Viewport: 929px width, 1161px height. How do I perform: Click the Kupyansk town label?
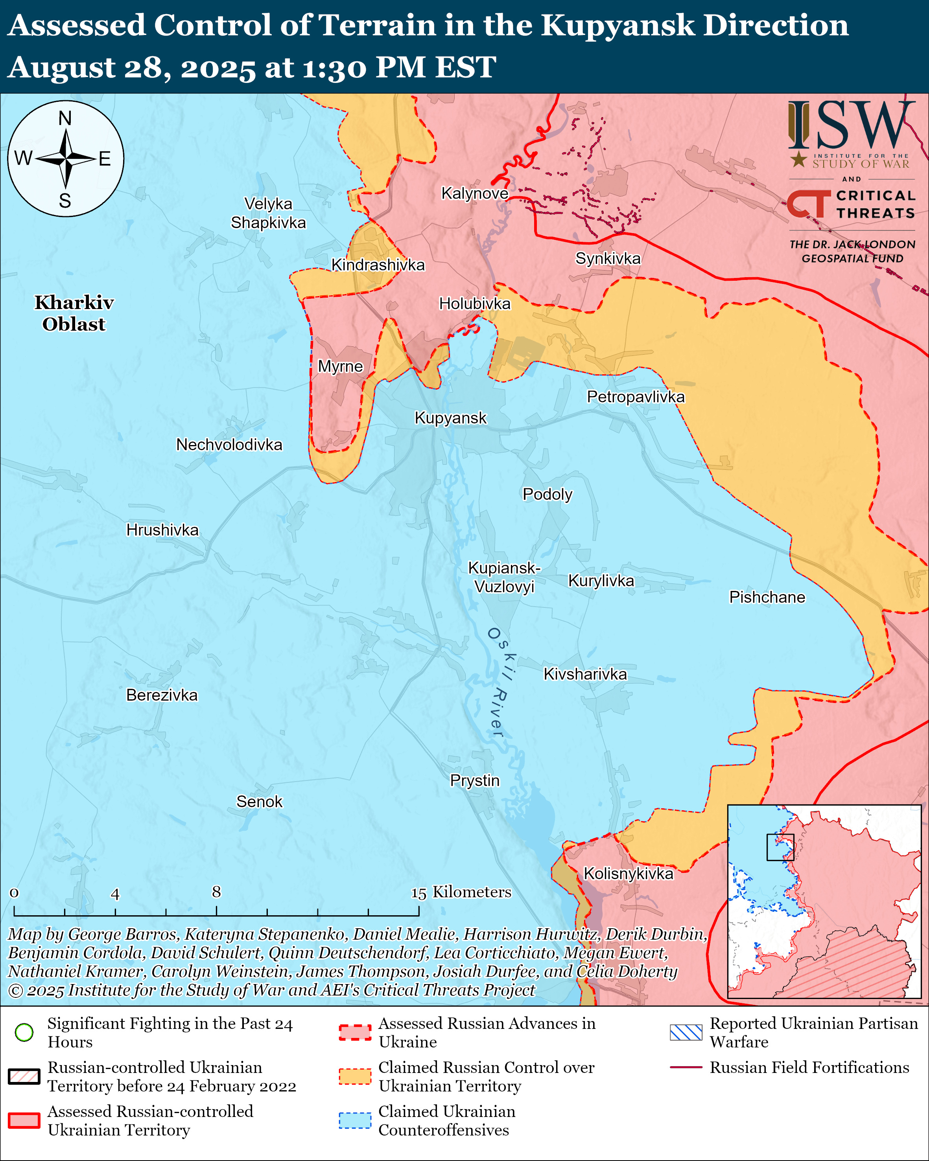pos(450,418)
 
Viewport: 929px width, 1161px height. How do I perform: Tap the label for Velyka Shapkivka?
pos(268,213)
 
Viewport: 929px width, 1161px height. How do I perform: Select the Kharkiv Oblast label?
pos(74,313)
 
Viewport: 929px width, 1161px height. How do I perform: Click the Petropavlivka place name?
pos(636,397)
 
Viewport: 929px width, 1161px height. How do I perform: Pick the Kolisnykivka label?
pos(628,874)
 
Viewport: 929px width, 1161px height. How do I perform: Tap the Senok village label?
pos(259,802)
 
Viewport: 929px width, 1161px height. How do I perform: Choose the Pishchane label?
pos(767,597)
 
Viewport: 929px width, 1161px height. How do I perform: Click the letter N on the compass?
pos(65,118)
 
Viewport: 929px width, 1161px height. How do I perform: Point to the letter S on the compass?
pos(65,201)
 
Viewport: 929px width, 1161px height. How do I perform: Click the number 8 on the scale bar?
pos(216,892)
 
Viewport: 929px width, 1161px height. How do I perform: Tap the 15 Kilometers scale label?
pos(461,892)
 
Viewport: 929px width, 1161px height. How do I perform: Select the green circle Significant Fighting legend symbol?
pos(24,1032)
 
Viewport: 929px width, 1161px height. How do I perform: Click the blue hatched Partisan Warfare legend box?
pos(686,1032)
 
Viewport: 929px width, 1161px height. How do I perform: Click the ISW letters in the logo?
pos(851,125)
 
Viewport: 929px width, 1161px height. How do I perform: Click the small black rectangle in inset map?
pos(780,848)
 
